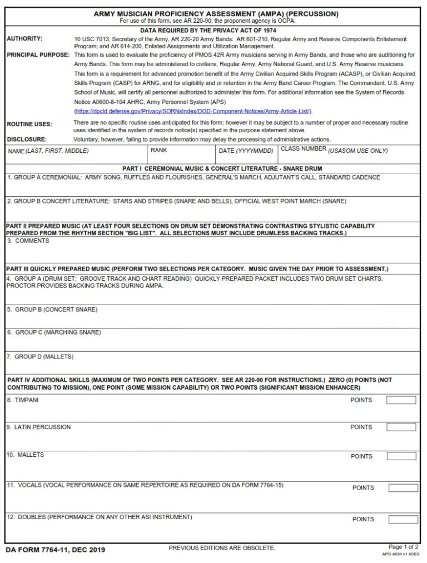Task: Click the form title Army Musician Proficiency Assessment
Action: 216,13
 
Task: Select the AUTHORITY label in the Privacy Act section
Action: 24,39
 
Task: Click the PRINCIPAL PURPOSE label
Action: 38,55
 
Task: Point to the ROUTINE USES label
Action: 29,124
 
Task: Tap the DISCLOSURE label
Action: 27,139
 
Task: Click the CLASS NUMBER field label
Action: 334,150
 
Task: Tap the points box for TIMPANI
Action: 401,400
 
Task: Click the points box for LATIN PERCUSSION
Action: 401,427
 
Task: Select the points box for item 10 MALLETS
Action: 401,456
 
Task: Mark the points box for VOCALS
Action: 403,488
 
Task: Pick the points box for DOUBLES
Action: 403,519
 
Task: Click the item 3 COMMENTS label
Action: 24,241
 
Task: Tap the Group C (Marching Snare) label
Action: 54,332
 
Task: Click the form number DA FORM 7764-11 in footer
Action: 55,550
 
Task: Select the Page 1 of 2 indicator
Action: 404,547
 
